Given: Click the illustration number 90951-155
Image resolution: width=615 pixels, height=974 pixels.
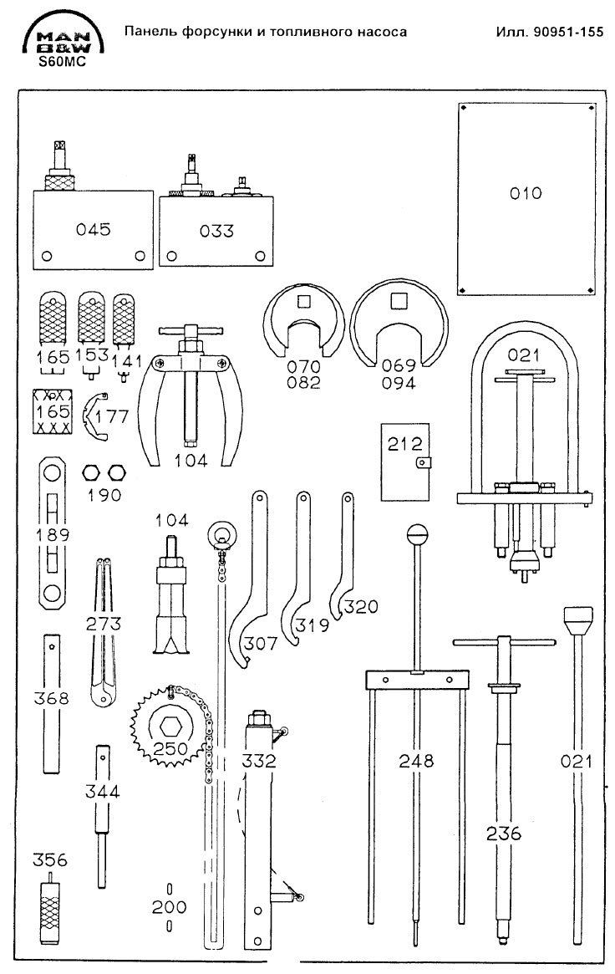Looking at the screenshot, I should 549,32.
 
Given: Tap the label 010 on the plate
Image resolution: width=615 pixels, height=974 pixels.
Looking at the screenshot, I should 526,193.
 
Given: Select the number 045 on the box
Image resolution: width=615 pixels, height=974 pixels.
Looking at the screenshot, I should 93,230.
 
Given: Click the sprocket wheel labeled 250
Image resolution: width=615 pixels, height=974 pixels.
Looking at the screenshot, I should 170,726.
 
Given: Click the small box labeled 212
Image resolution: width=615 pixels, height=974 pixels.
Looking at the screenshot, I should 407,462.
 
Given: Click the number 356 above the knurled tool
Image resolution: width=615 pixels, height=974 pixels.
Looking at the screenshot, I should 50,860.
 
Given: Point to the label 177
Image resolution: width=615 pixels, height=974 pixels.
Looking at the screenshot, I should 113,416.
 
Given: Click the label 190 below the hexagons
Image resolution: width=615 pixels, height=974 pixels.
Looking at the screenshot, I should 104,495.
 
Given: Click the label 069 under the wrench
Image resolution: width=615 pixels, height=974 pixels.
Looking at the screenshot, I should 399,367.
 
